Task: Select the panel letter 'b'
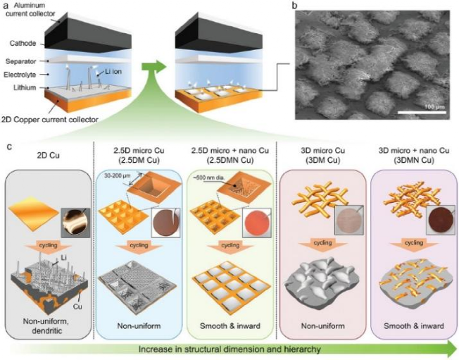click(x=295, y=6)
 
